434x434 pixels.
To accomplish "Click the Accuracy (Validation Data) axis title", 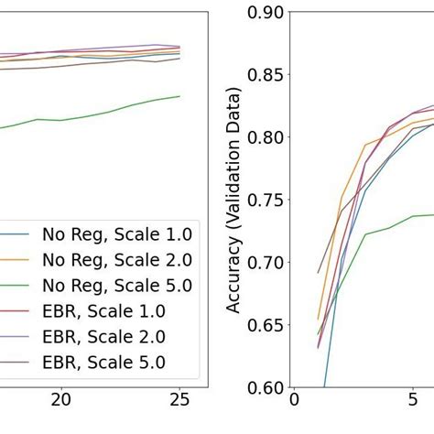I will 234,200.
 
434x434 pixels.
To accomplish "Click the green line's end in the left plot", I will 179,96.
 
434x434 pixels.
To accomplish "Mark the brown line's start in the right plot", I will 319,272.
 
